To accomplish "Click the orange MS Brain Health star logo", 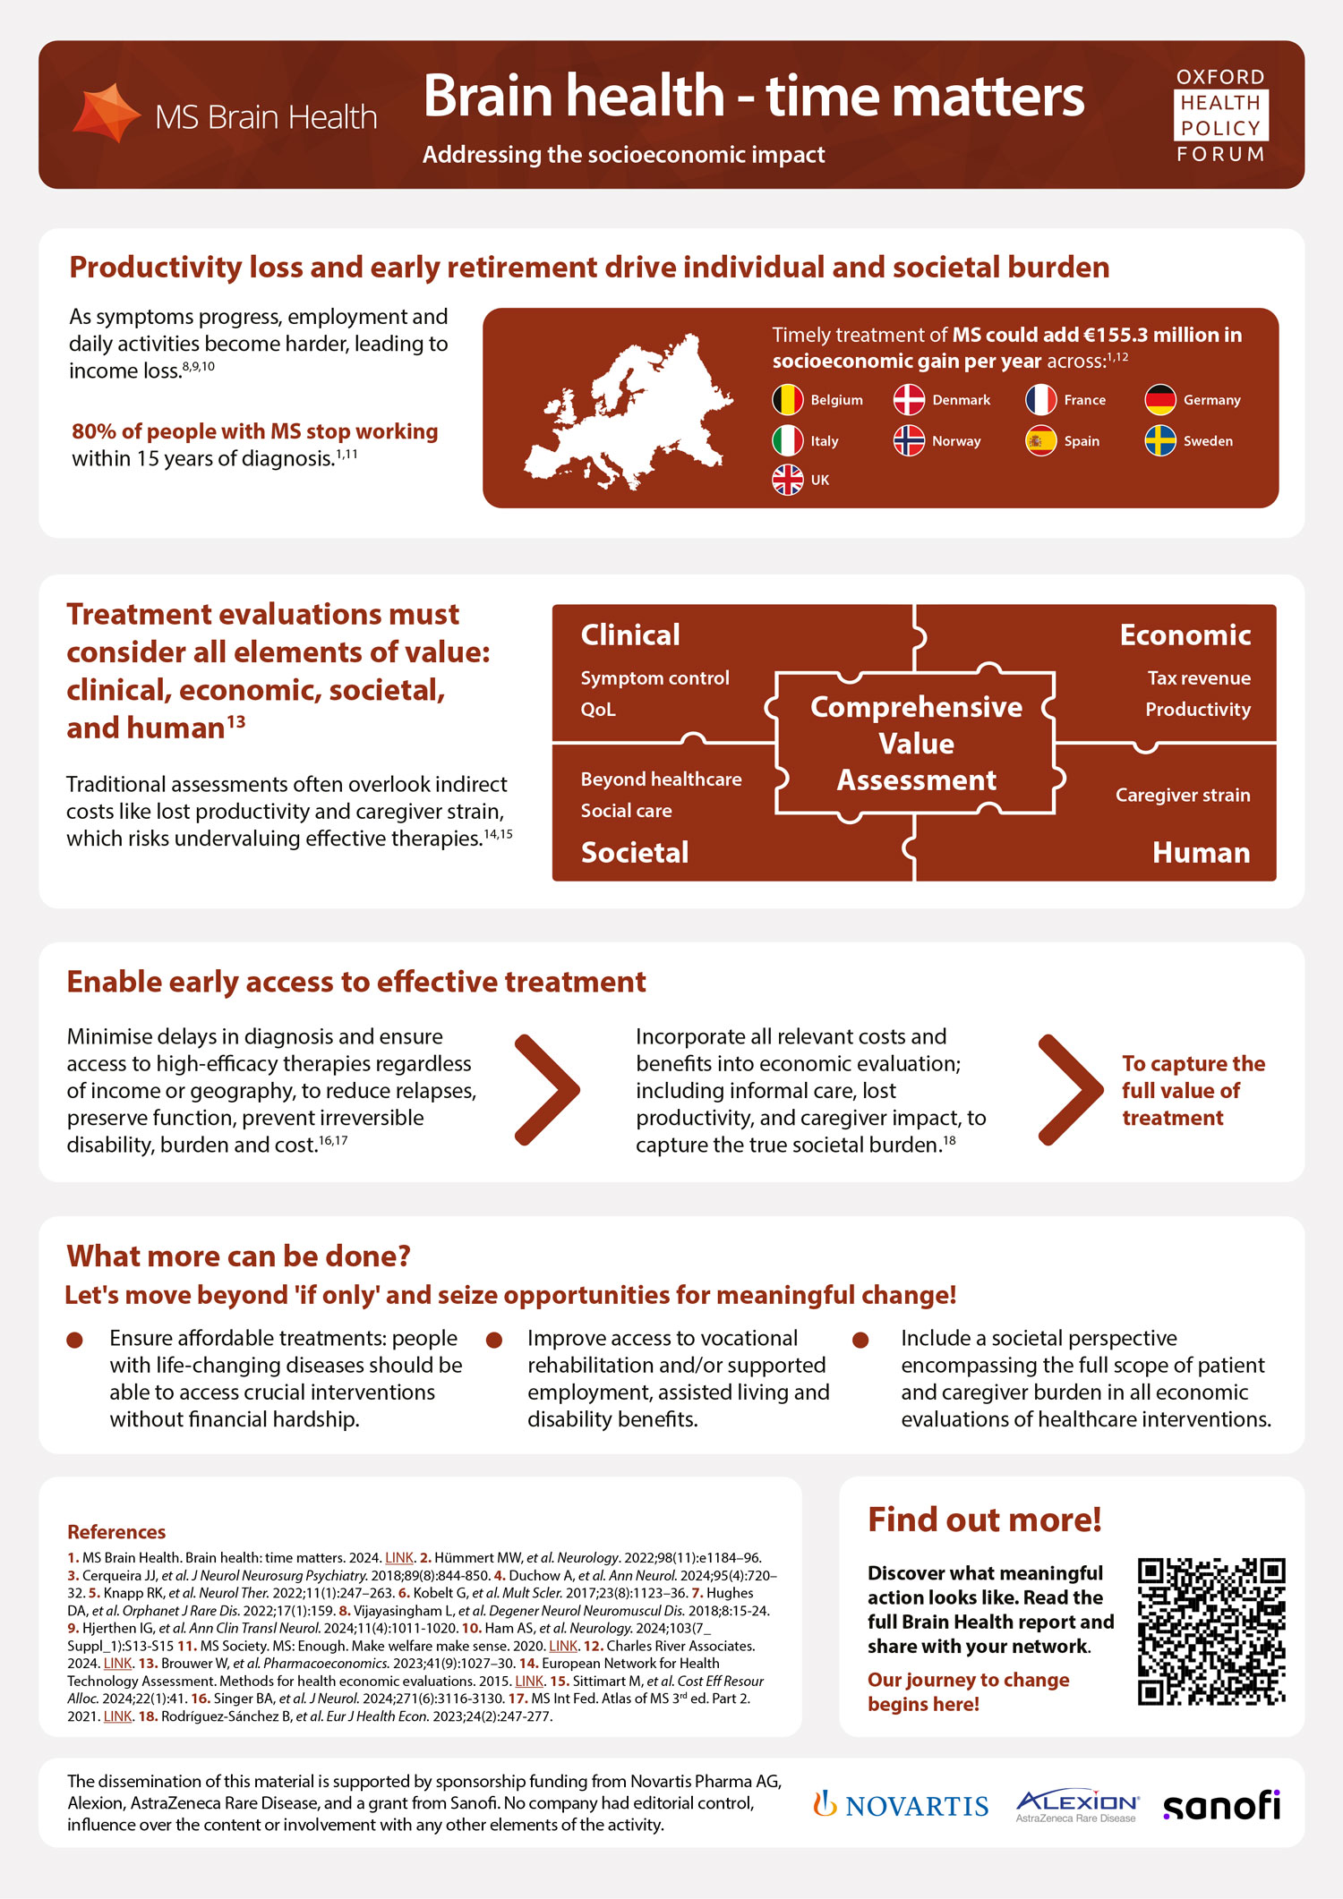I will coord(107,113).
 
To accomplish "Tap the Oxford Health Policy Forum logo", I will coord(1220,115).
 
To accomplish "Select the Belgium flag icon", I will coord(787,399).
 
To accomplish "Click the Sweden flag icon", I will coord(1160,440).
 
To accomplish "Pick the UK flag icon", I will coord(787,480).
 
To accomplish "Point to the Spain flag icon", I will coord(1040,440).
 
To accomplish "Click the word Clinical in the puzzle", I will coord(630,634).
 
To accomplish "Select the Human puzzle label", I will coord(1201,852).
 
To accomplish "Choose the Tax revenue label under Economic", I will coord(1199,677).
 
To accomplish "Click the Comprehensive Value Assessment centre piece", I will coord(916,744).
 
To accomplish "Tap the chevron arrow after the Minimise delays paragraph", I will coord(547,1090).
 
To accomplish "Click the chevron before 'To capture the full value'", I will coord(1071,1090).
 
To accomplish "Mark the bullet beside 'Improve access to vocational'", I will coord(494,1340).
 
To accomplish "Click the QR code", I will coord(1211,1631).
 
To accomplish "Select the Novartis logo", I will coord(901,1805).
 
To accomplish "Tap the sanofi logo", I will coord(1221,1805).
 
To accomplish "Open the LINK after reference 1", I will coord(399,1558).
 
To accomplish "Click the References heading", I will coord(116,1531).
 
